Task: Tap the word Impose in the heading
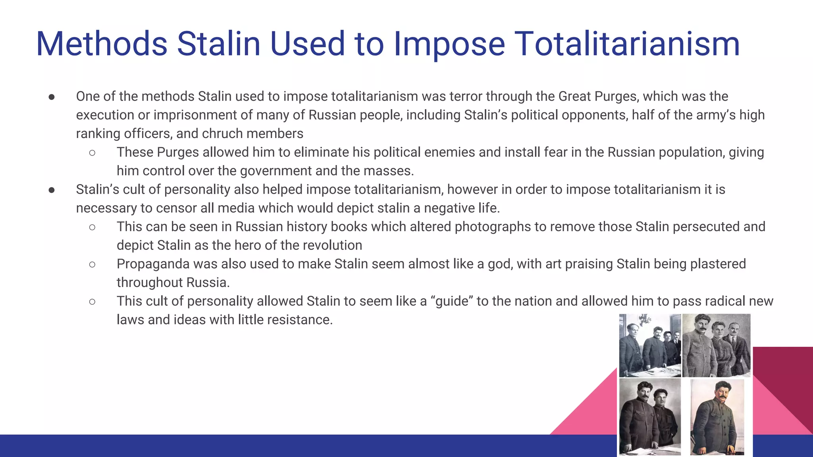point(449,44)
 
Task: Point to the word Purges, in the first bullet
point(618,96)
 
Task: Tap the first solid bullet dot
point(52,97)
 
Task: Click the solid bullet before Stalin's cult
point(52,190)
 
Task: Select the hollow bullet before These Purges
point(92,153)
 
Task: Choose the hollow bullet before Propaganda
point(92,265)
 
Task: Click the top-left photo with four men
point(650,345)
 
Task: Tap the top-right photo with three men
point(716,345)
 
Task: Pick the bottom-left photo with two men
point(650,417)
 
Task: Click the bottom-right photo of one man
point(717,417)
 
